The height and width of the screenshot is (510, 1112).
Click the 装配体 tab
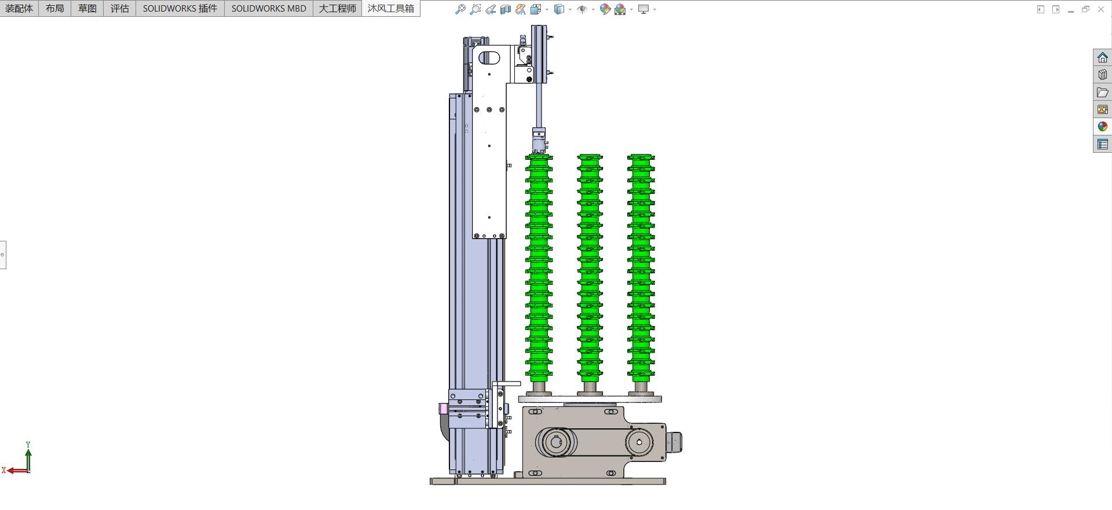coord(19,8)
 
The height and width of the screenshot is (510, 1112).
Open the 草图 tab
coord(87,8)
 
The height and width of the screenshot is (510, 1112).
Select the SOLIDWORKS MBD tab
coord(269,8)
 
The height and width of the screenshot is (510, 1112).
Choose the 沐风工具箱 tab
coord(391,8)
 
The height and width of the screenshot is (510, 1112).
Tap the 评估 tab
coord(120,8)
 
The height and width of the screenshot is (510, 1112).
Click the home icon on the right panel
coord(1102,57)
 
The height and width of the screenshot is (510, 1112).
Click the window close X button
coord(1101,9)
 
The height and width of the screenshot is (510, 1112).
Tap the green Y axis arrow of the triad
coord(28,457)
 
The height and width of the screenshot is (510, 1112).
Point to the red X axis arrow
coord(16,470)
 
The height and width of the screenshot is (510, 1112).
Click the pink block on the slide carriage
coord(443,409)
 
